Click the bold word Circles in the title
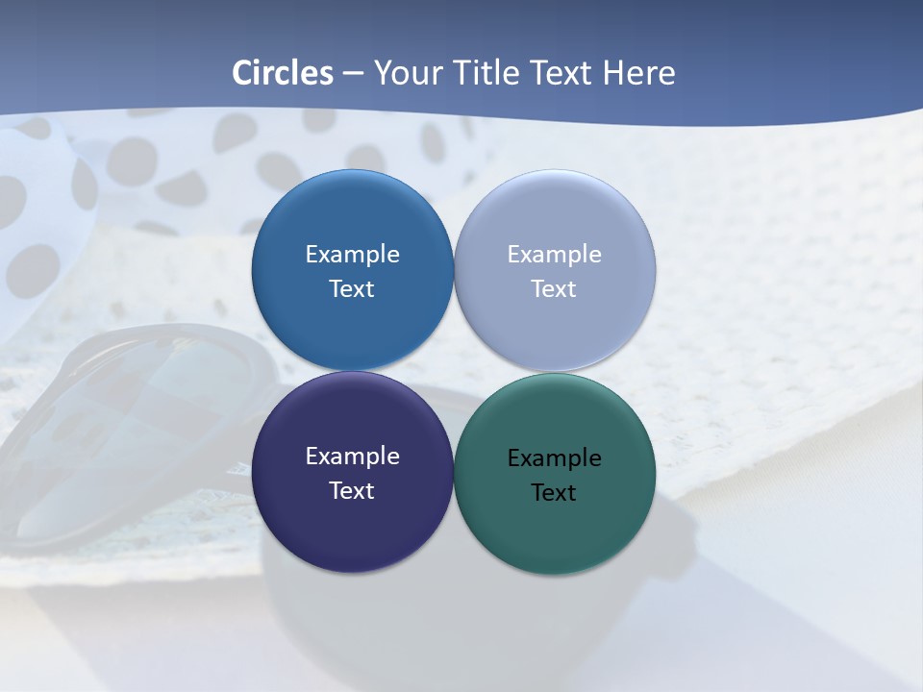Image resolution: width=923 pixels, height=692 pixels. click(283, 73)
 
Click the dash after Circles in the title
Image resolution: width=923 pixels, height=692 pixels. click(352, 74)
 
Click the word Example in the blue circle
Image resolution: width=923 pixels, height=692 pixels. click(352, 255)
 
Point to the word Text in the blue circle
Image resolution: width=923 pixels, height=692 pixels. click(352, 289)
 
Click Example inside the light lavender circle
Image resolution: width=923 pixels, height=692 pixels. click(554, 255)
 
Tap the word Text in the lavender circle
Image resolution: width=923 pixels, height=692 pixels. click(554, 289)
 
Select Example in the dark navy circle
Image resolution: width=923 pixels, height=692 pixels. click(352, 457)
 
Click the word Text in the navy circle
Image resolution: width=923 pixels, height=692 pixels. click(352, 491)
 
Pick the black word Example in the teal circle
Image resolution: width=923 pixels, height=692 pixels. click(554, 458)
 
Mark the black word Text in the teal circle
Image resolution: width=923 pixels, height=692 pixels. click(554, 493)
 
